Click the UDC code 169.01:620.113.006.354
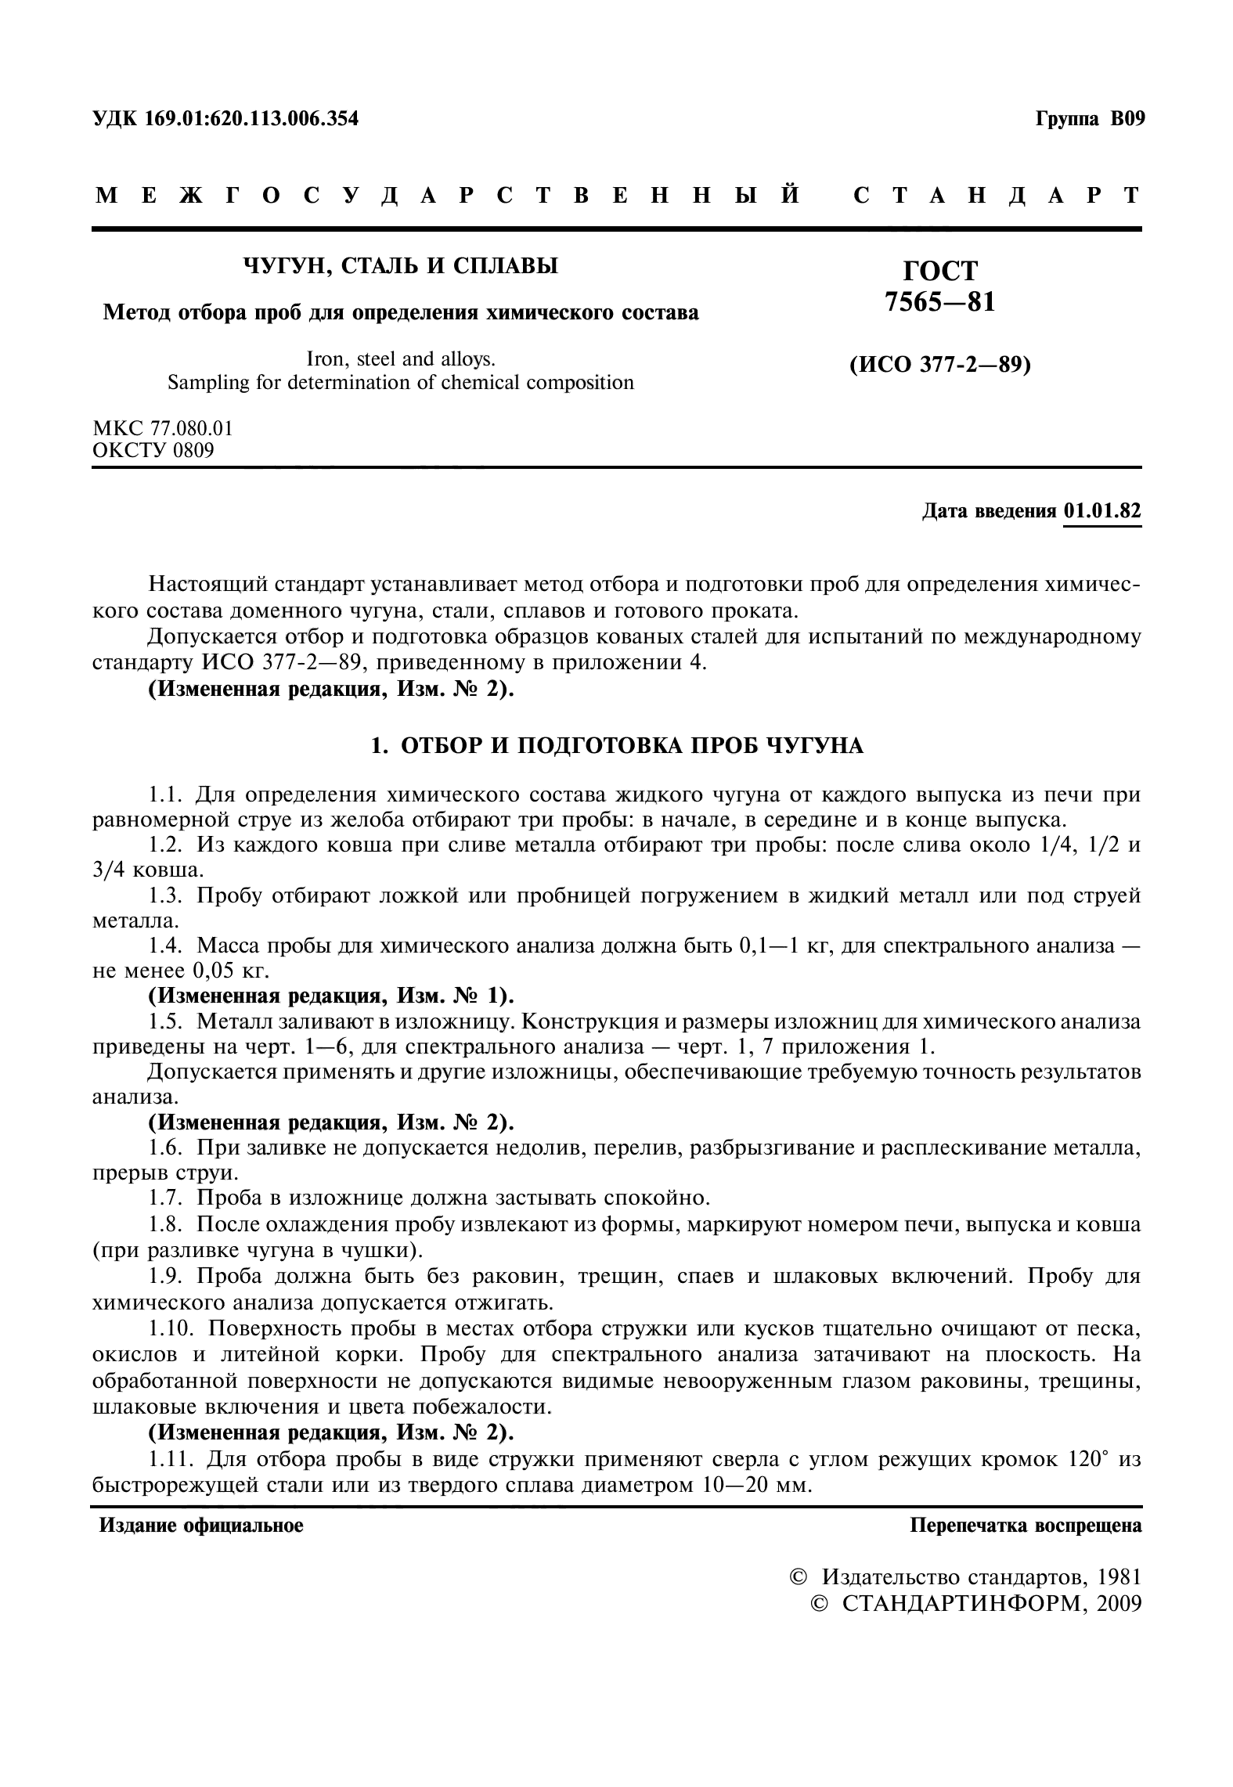point(251,119)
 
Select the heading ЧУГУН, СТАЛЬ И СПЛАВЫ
point(401,266)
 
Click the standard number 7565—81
point(940,302)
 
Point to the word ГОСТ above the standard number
point(940,271)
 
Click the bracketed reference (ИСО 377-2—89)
point(940,365)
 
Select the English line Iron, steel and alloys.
point(402,359)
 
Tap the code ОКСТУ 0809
point(153,450)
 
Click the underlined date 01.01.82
point(1102,511)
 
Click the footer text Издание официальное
point(201,1525)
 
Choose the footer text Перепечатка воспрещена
point(1026,1525)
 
